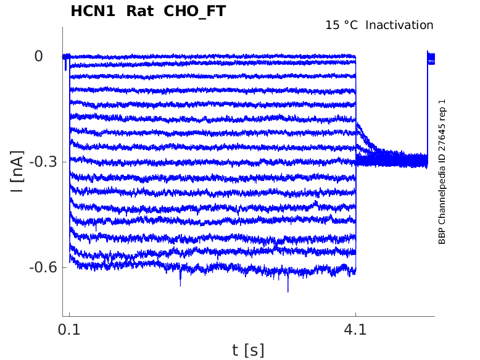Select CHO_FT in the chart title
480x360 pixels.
[x=194, y=11]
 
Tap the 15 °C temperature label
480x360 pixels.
[x=342, y=25]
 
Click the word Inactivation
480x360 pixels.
[x=400, y=25]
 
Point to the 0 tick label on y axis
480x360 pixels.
[x=39, y=56]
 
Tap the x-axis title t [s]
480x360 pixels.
[x=248, y=350]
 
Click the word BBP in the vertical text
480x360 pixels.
[x=442, y=236]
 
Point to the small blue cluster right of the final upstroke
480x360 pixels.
[x=431, y=59]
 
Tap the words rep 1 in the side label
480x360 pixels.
[x=442, y=111]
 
